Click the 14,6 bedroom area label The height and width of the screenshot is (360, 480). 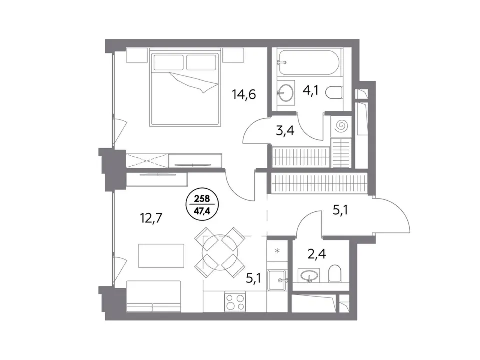coord(244,94)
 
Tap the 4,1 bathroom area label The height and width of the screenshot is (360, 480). coord(310,91)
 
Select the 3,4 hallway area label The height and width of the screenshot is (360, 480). coord(285,131)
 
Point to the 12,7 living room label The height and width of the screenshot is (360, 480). coord(151,218)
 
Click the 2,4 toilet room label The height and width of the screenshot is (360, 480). coord(317,254)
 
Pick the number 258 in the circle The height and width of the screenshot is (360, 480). coord(202,199)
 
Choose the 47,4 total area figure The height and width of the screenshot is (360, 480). coord(202,211)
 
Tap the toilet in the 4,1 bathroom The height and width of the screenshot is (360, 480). coord(334,93)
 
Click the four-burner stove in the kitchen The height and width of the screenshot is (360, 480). coord(235,302)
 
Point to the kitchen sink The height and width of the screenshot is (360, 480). coord(277,280)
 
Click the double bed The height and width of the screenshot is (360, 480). coord(185,89)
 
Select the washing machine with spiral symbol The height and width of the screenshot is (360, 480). coord(340,126)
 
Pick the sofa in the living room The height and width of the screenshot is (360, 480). coord(153,296)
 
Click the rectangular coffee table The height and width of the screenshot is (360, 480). coord(161,256)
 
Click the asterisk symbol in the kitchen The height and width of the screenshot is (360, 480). coord(277,251)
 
